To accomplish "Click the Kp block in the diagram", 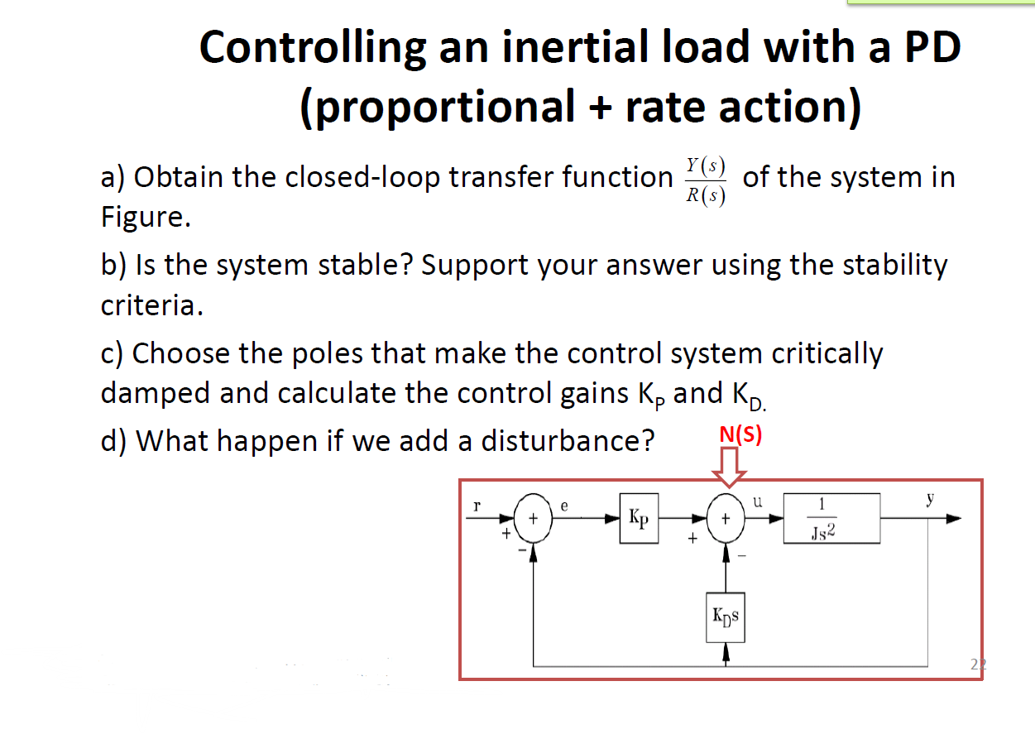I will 639,520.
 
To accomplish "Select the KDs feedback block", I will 726,616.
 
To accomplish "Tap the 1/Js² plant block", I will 831,519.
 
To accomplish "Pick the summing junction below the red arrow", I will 726,520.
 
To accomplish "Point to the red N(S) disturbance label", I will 740,434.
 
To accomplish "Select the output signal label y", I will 930,499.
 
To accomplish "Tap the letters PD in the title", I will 930,47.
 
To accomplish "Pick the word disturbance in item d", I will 567,440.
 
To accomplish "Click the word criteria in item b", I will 150,306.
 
